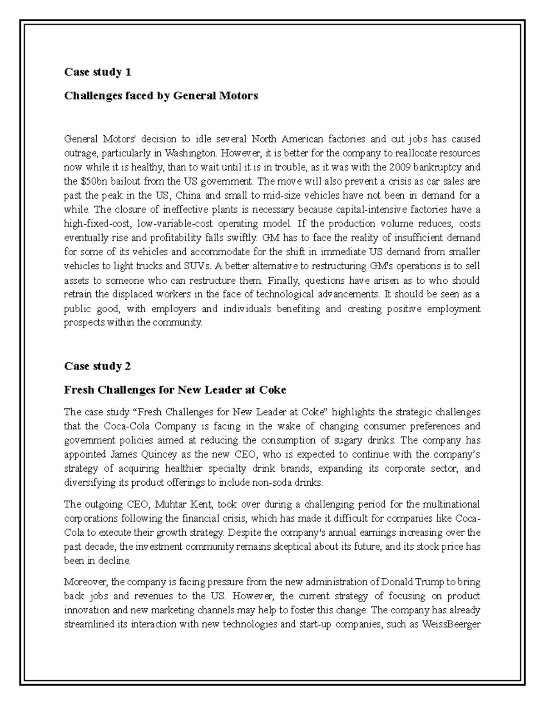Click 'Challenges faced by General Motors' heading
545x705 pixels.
click(x=161, y=96)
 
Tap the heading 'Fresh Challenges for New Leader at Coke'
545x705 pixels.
click(x=175, y=390)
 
